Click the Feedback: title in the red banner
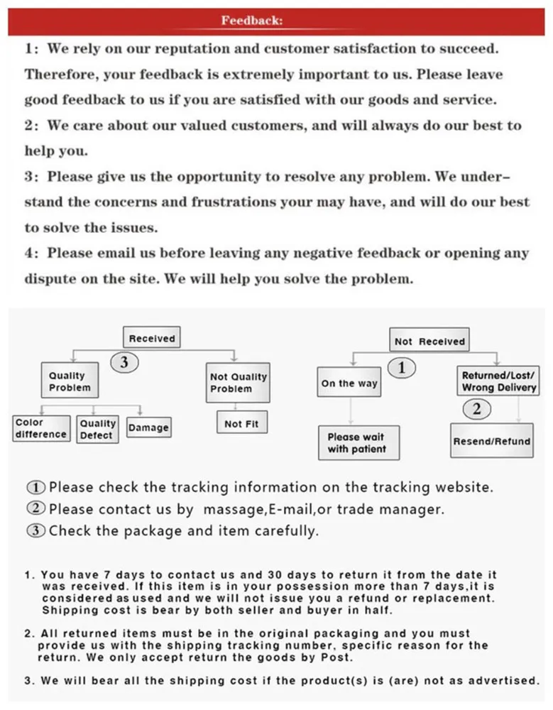(252, 21)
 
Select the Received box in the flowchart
(151, 339)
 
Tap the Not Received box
(429, 342)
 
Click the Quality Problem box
(70, 381)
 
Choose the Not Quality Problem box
(238, 383)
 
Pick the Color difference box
(41, 428)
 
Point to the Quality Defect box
(97, 429)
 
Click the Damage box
(148, 427)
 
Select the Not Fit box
(241, 424)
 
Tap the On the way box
(349, 383)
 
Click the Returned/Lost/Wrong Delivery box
(499, 381)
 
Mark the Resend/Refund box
(491, 441)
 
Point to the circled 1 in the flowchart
(402, 367)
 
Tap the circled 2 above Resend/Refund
(476, 408)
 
